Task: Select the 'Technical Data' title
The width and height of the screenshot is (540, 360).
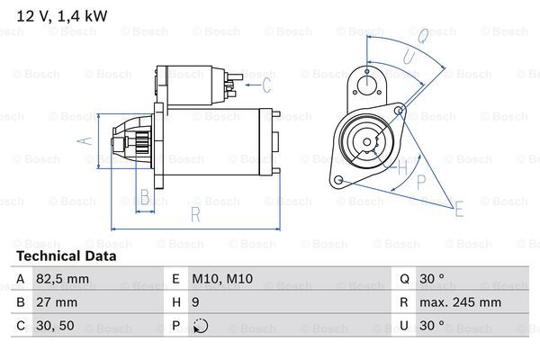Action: coord(66,256)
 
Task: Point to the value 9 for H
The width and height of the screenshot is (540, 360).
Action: coord(195,302)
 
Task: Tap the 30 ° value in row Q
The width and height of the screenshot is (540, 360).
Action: coord(436,279)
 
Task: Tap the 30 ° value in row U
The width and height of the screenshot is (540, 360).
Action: coord(436,326)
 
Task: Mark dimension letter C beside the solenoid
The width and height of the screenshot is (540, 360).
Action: coord(265,86)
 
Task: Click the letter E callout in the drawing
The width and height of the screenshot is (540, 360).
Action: coord(460,211)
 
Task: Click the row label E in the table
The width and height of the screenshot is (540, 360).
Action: coord(175,279)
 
